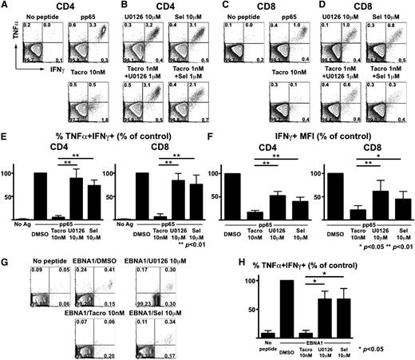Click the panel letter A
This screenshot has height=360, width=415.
(6, 6)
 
